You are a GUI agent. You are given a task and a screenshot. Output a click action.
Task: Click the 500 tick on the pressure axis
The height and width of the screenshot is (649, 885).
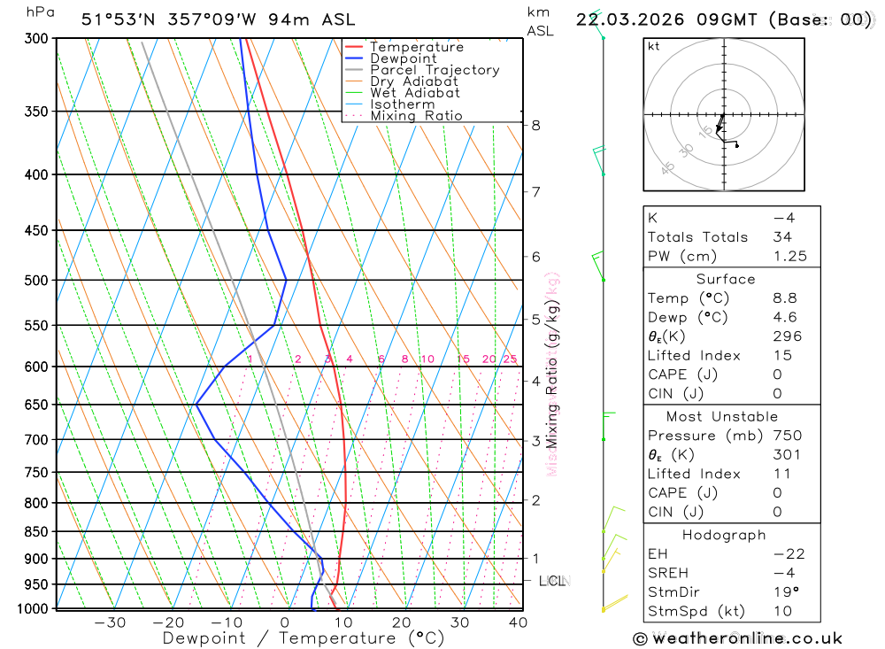pyautogui.click(x=36, y=281)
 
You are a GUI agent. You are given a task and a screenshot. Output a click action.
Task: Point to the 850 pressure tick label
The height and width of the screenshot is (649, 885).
pyautogui.click(x=36, y=532)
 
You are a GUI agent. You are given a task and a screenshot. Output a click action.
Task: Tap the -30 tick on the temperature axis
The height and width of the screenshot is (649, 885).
pyautogui.click(x=110, y=622)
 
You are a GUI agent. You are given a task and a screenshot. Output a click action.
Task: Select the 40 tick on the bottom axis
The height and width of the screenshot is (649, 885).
pyautogui.click(x=519, y=622)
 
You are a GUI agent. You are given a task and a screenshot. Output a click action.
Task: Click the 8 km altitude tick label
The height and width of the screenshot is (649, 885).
pyautogui.click(x=536, y=125)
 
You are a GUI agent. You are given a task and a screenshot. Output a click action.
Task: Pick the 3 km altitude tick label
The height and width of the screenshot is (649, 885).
pyautogui.click(x=536, y=440)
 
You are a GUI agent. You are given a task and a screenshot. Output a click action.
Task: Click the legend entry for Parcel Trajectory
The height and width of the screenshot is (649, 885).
pyautogui.click(x=435, y=70)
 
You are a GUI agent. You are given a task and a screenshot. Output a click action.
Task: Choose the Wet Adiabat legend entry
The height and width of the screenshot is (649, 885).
pyautogui.click(x=414, y=93)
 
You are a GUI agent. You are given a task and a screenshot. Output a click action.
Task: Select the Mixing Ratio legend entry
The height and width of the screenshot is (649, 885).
pyautogui.click(x=416, y=116)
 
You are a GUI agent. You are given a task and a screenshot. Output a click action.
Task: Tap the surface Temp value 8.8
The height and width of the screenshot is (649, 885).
pyautogui.click(x=782, y=298)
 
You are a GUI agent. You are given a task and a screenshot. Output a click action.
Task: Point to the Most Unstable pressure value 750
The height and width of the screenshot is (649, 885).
pyautogui.click(x=787, y=436)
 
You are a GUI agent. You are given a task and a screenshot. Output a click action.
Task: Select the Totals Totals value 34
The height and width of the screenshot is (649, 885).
pyautogui.click(x=782, y=237)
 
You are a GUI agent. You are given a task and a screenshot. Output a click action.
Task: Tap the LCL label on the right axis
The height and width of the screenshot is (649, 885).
pyautogui.click(x=551, y=581)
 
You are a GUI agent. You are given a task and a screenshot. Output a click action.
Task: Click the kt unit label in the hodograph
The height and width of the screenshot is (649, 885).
pyautogui.click(x=654, y=46)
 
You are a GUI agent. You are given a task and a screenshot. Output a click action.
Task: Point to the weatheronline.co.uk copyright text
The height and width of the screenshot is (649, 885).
pyautogui.click(x=737, y=638)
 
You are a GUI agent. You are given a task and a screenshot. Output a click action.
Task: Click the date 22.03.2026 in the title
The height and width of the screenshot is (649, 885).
pyautogui.click(x=624, y=19)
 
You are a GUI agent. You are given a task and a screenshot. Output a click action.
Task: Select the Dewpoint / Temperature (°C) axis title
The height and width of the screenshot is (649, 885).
pyautogui.click(x=304, y=638)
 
